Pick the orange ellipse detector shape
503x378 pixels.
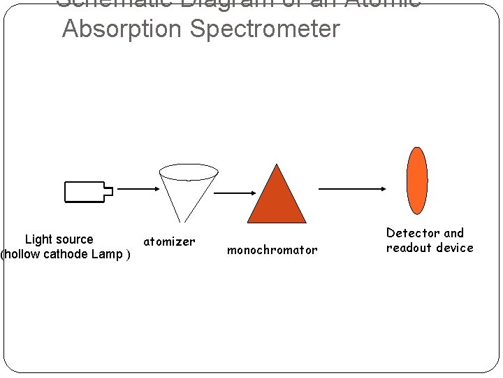pos(417,181)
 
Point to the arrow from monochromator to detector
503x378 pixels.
pos(352,188)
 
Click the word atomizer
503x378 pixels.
pos(169,242)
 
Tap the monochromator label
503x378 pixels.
pos(272,250)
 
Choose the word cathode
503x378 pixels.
pos(65,254)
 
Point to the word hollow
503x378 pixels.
pos(22,254)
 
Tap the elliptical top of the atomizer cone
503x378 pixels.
pos(189,171)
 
